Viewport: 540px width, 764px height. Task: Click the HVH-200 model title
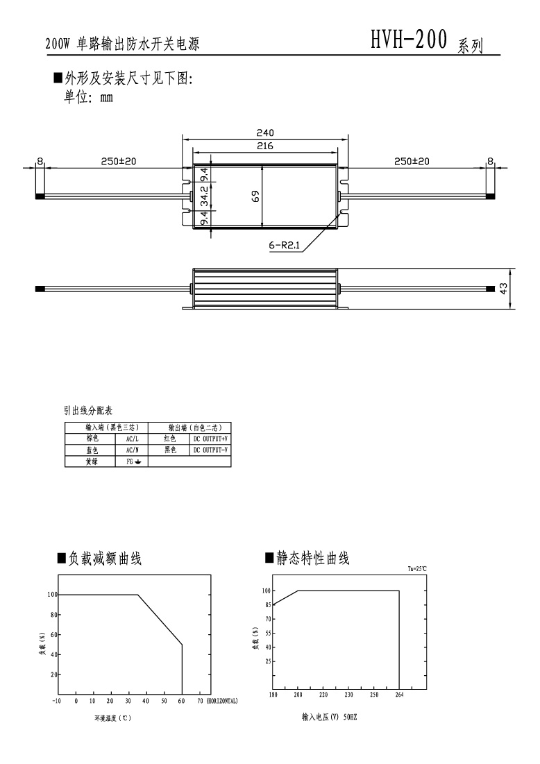pyautogui.click(x=409, y=40)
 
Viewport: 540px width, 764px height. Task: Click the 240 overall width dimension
pyautogui.click(x=265, y=133)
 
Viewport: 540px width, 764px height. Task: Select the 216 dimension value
pyautogui.click(x=265, y=146)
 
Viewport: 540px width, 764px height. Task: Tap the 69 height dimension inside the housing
pyautogui.click(x=256, y=196)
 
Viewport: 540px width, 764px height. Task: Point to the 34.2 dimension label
pyautogui.click(x=205, y=196)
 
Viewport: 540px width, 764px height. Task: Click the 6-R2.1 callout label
pyautogui.click(x=285, y=246)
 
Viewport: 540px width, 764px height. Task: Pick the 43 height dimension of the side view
pyautogui.click(x=503, y=289)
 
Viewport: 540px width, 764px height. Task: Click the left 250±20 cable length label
pyautogui.click(x=119, y=161)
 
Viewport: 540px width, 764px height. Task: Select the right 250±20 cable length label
pyautogui.click(x=412, y=161)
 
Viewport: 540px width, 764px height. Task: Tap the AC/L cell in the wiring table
pyautogui.click(x=132, y=439)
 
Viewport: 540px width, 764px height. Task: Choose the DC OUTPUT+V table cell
pyautogui.click(x=210, y=439)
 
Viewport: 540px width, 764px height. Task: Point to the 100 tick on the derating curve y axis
pyautogui.click(x=52, y=595)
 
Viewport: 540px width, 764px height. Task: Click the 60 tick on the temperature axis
pyautogui.click(x=181, y=701)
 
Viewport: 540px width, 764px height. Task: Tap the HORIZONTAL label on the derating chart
pyautogui.click(x=222, y=701)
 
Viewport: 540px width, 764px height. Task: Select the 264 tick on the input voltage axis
pyautogui.click(x=399, y=695)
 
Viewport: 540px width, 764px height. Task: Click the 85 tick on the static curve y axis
pyautogui.click(x=267, y=604)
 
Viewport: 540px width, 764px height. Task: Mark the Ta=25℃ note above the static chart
pyautogui.click(x=418, y=568)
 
